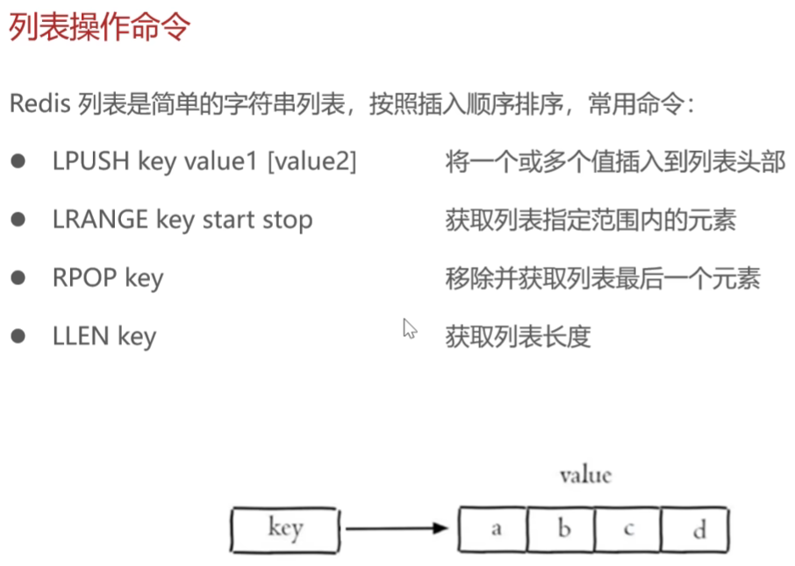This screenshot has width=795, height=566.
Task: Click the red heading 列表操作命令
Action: click(100, 27)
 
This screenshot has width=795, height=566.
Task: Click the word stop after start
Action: click(286, 219)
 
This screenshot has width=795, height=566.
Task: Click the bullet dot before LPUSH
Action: click(18, 161)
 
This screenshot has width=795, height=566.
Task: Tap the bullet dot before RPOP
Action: click(18, 278)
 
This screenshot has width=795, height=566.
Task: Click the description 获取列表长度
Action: click(518, 336)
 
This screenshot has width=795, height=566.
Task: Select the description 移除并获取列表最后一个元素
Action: click(602, 278)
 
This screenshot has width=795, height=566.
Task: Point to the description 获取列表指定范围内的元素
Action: click(590, 219)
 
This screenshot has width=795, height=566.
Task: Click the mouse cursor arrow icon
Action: click(409, 329)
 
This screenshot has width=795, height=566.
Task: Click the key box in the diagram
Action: click(283, 528)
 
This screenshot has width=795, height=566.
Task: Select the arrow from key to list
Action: click(397, 528)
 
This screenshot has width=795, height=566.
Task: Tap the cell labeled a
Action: click(494, 528)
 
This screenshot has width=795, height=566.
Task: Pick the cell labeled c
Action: click(627, 528)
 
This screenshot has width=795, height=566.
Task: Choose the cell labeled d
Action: click(695, 528)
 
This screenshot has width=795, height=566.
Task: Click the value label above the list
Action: click(585, 476)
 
